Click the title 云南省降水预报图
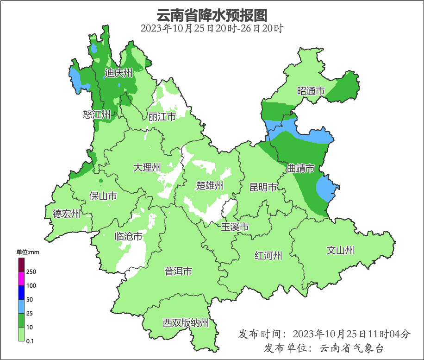pyautogui.click(x=212, y=15)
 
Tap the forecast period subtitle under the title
pyautogui.click(x=212, y=28)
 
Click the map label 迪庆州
pyautogui.click(x=118, y=73)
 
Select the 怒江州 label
pyautogui.click(x=97, y=114)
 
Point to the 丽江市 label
pyautogui.click(x=162, y=117)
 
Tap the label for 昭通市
pyautogui.click(x=311, y=91)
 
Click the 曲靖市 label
pyautogui.click(x=301, y=169)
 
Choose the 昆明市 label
pyautogui.click(x=263, y=187)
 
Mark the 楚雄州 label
pyautogui.click(x=210, y=186)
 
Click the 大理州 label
pyautogui.click(x=147, y=167)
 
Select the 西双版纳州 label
pyautogui.click(x=186, y=323)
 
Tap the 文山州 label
pyautogui.click(x=340, y=251)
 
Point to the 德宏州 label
pyautogui.click(x=66, y=214)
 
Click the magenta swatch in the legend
pyautogui.click(x=21, y=278)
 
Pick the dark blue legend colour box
pyautogui.click(x=21, y=292)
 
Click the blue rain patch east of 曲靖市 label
pyautogui.click(x=327, y=189)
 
